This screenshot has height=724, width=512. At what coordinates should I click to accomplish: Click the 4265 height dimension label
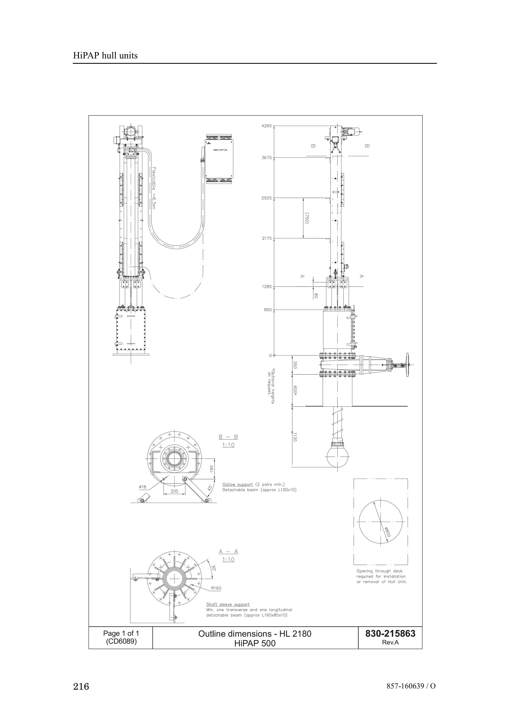tap(266, 126)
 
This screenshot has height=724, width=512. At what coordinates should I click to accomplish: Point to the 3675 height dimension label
tap(266, 158)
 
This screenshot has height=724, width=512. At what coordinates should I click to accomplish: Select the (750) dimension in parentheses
tap(306, 218)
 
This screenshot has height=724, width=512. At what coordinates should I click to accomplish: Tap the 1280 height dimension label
tap(266, 287)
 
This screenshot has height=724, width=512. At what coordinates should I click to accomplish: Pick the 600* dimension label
tap(295, 390)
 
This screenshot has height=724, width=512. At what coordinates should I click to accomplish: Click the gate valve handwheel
tap(407, 365)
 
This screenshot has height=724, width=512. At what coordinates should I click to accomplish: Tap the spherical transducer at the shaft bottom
tap(337, 455)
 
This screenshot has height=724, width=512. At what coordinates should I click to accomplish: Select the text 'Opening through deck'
tap(379, 571)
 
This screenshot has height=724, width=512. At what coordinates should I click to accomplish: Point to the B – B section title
tap(228, 437)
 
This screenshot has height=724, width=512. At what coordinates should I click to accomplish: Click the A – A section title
tap(228, 552)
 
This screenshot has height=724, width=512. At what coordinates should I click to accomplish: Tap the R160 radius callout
tap(216, 588)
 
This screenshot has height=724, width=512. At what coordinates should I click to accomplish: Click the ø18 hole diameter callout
tap(142, 487)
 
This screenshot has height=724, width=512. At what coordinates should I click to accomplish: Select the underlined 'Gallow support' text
tap(237, 484)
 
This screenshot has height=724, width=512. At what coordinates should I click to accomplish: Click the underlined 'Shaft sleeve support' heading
tap(228, 605)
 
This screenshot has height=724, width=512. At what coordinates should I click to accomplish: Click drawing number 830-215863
tap(390, 634)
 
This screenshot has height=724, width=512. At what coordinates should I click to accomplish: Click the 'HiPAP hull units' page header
tap(105, 56)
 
